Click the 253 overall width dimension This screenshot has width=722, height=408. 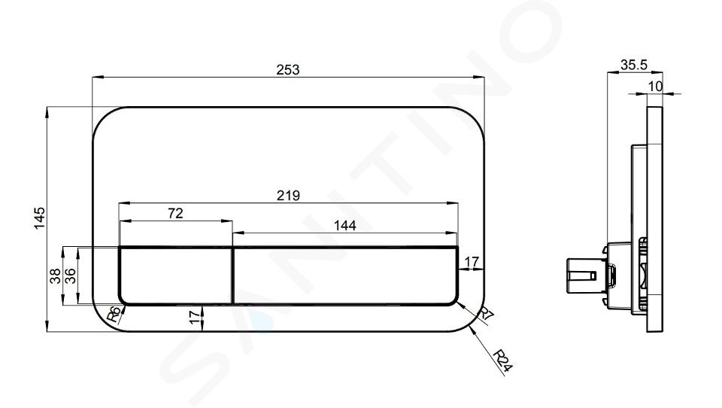pos(288,69)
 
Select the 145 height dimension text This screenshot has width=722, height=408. pos(40,218)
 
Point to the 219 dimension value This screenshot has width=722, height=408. pos(288,196)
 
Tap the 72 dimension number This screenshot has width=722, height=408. pos(175,213)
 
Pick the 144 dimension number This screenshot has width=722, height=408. pos(345,225)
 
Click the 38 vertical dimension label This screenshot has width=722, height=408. pos(55,276)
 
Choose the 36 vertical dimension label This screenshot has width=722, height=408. pos(70,276)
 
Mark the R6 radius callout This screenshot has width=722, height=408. pos(114,314)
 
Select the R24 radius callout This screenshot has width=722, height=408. pos(502,361)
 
